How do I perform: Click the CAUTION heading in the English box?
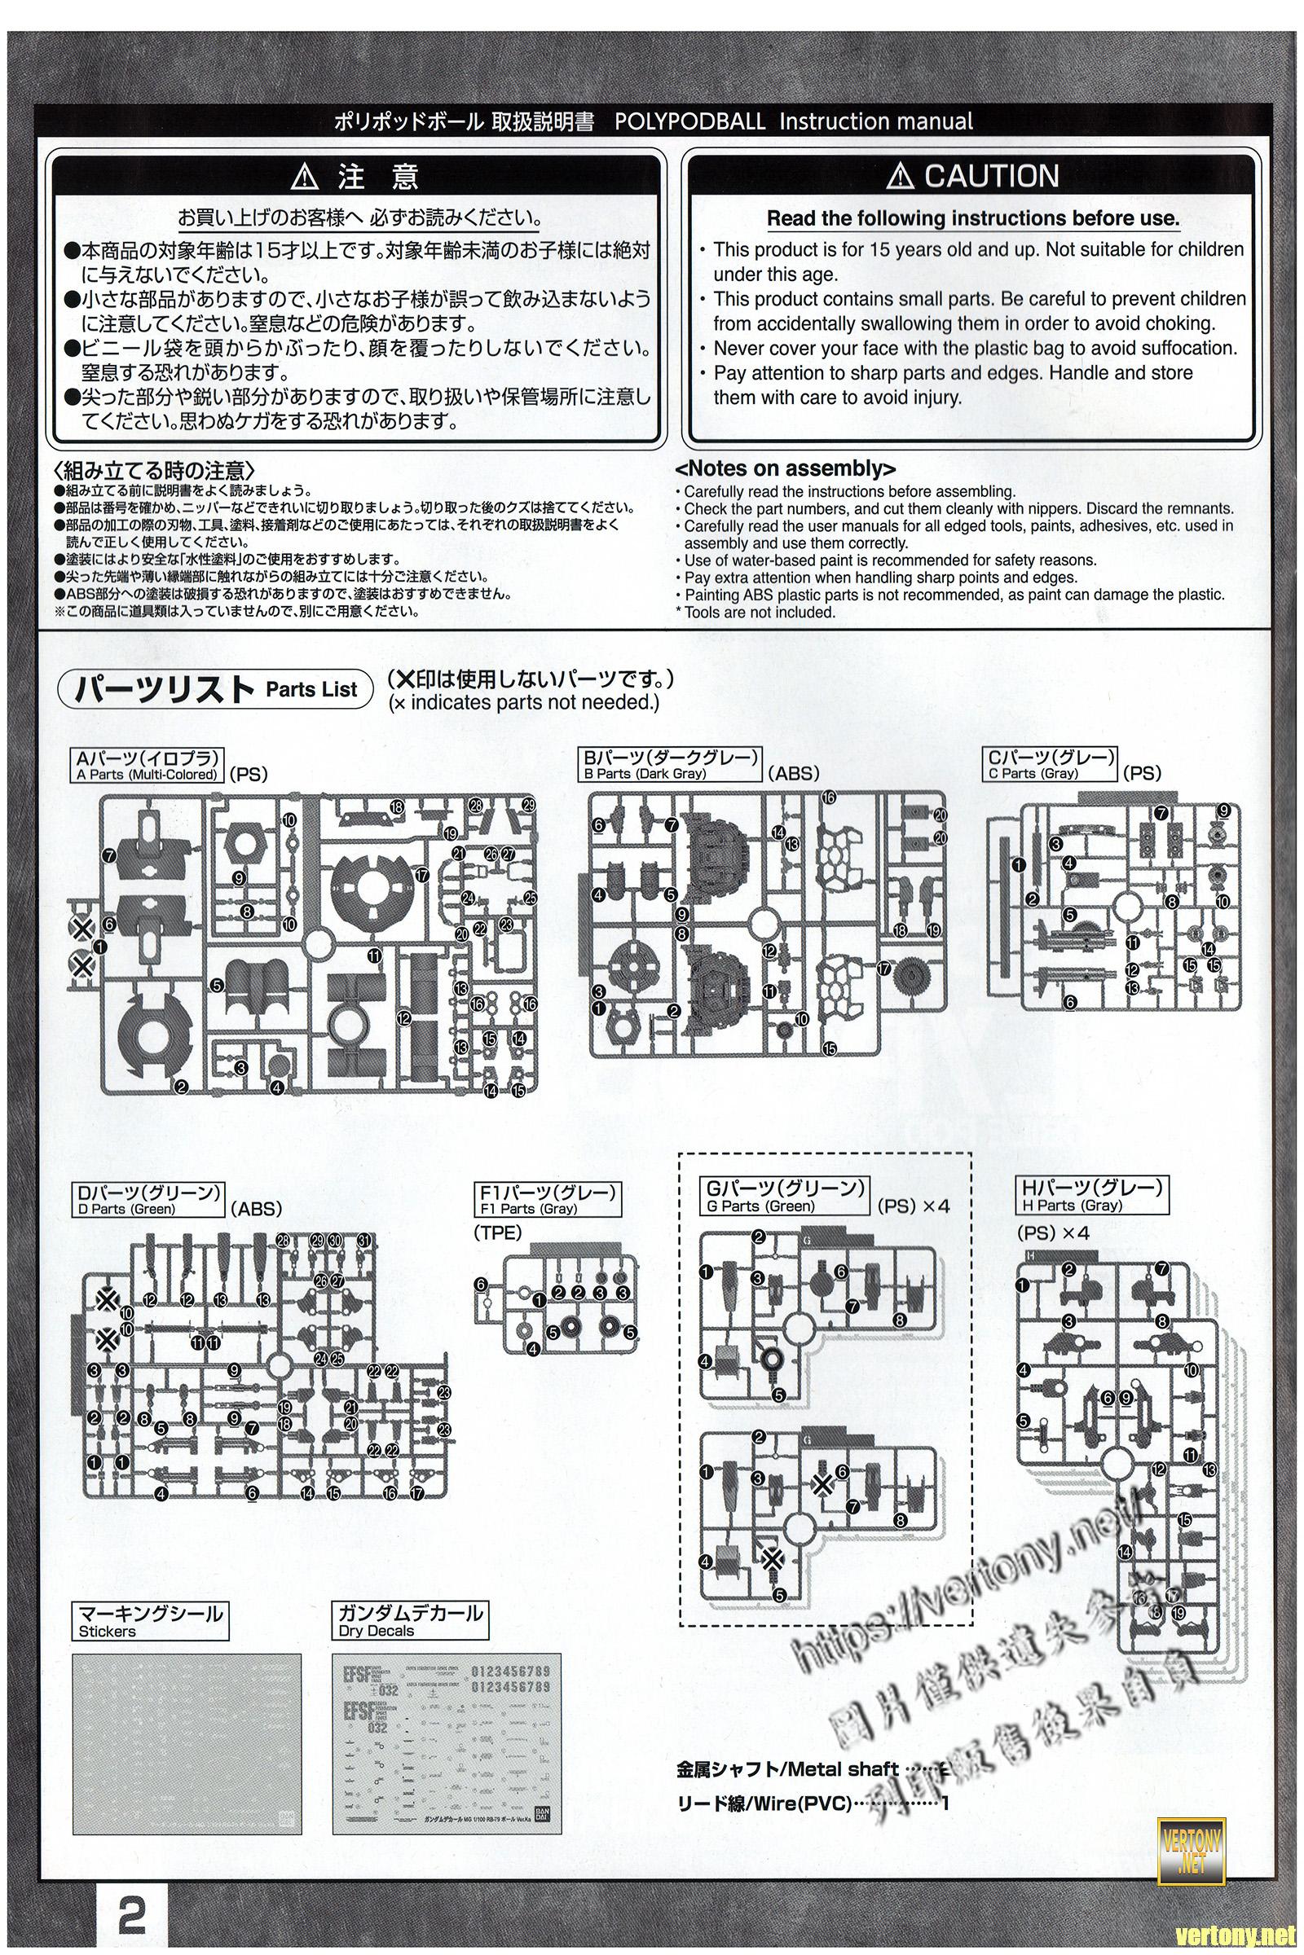(991, 176)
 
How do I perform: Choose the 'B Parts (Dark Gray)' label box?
(671, 764)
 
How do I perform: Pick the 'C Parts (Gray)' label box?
(1050, 764)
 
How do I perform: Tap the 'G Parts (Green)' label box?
(784, 1196)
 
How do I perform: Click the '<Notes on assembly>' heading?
(785, 469)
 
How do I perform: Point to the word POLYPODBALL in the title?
(689, 121)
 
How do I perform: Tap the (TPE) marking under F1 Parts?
(497, 1232)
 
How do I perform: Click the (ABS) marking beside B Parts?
(793, 773)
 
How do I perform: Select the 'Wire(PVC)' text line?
(765, 1803)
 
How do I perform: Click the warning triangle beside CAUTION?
(900, 177)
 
